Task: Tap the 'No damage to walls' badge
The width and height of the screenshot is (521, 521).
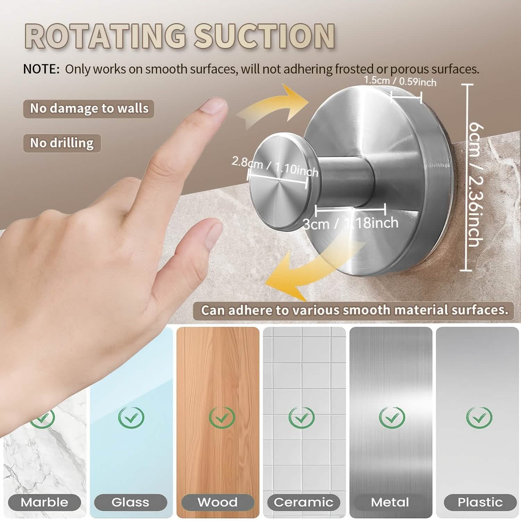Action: tap(89, 108)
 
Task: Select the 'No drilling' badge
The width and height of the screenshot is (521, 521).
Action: tap(62, 143)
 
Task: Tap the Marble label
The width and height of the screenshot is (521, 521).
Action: tap(44, 502)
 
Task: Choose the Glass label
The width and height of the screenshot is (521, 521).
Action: tap(130, 502)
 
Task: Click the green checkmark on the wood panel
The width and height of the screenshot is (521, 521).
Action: tap(222, 417)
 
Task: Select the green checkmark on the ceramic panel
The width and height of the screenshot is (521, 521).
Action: tap(301, 417)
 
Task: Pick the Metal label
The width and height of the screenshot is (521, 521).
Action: tap(390, 502)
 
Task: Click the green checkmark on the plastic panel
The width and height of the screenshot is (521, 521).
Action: tap(479, 417)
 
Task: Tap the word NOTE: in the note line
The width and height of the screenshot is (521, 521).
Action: tap(41, 69)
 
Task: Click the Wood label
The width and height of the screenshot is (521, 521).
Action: tap(217, 502)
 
